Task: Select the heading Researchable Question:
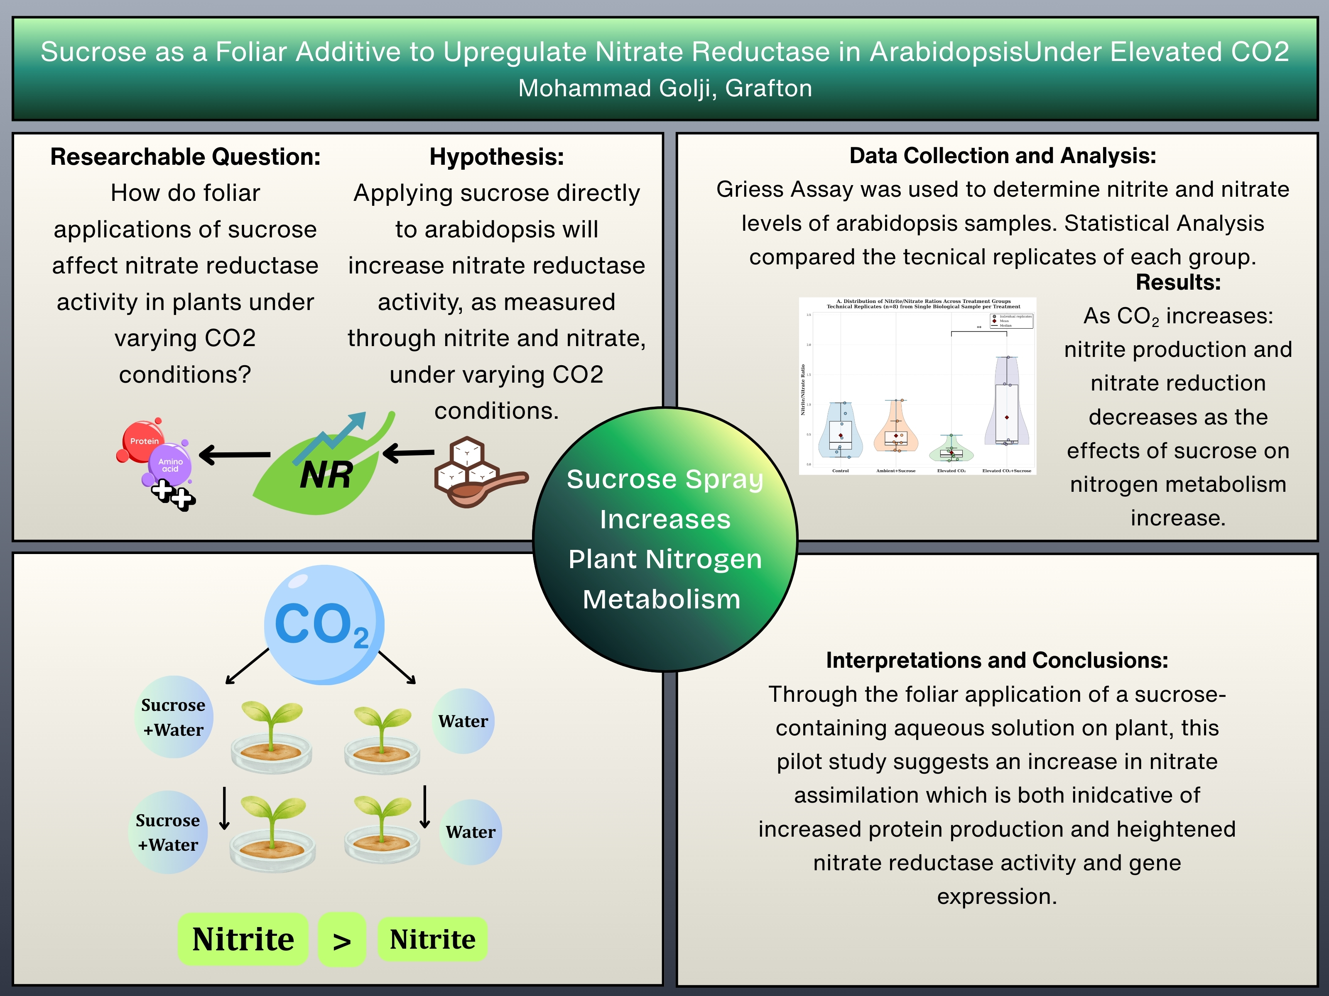[185, 157]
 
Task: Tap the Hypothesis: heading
[496, 157]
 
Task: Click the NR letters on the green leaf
[326, 476]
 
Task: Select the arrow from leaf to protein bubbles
[235, 454]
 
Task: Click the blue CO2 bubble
[324, 625]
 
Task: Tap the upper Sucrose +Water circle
[174, 717]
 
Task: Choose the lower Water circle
[471, 832]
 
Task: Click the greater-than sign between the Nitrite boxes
[342, 940]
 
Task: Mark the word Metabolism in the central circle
[662, 599]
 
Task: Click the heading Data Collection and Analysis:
[1003, 156]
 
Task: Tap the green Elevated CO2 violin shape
[951, 450]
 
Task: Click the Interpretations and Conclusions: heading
[997, 660]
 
